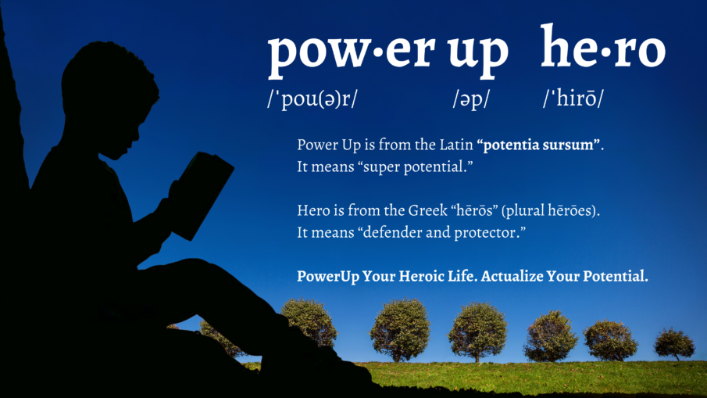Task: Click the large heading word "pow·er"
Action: tap(352, 52)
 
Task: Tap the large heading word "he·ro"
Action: tap(602, 48)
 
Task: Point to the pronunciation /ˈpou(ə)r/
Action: tap(312, 99)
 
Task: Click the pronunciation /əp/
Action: tap(466, 99)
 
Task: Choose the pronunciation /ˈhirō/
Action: tap(574, 99)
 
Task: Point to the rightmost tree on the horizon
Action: tap(673, 342)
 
